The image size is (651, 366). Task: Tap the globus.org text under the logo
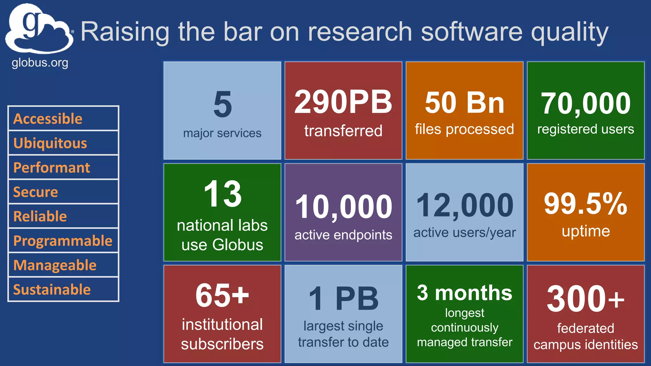(40, 63)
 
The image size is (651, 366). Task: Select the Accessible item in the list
(48, 119)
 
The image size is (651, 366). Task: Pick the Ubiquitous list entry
(50, 143)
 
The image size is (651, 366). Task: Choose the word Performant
(51, 167)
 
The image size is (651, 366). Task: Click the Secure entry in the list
(35, 192)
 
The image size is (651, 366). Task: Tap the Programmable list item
(63, 241)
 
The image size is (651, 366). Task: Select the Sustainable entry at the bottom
(52, 289)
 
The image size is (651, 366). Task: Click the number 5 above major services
(223, 104)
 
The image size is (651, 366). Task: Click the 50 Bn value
(464, 103)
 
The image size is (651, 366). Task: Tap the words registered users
(586, 129)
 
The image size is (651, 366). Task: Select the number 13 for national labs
(223, 194)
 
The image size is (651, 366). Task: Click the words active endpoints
(343, 235)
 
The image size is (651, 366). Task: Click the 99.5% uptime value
(586, 204)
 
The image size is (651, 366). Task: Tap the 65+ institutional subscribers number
(222, 295)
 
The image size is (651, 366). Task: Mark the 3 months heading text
(464, 293)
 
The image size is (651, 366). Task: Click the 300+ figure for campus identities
(586, 299)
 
